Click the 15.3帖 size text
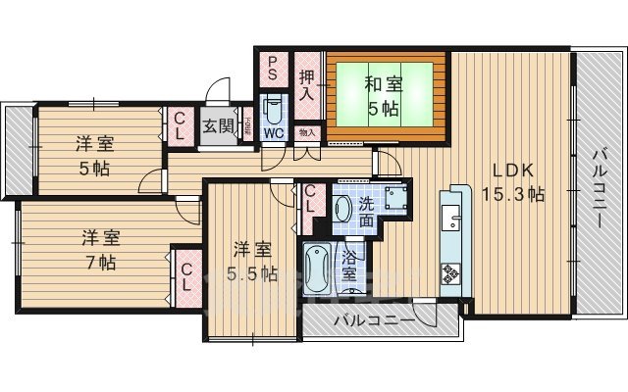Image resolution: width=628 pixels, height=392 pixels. pos(512,194)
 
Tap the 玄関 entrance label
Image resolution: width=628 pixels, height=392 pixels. pos(217,125)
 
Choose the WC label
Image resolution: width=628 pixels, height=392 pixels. pos(274,132)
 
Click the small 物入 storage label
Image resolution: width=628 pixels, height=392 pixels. pos(306,131)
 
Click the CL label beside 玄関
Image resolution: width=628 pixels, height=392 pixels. pos(181,124)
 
